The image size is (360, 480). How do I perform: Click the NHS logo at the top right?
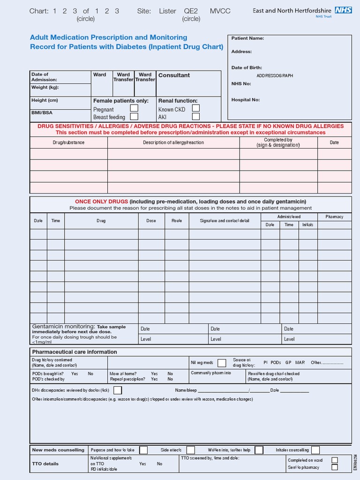(x=343, y=10)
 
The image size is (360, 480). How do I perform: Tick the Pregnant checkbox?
(x=134, y=108)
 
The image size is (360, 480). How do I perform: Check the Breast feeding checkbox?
(x=134, y=117)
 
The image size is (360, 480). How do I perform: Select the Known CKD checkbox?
(x=196, y=108)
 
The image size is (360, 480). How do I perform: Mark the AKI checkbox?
(x=196, y=117)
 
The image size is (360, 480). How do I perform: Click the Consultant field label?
(x=174, y=75)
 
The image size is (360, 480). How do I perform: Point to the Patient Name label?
(x=247, y=38)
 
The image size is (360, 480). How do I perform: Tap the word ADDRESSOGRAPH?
(x=275, y=75)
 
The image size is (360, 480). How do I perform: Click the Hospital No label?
(x=245, y=100)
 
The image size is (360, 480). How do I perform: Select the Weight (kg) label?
(x=45, y=87)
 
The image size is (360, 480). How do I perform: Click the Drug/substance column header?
(x=68, y=142)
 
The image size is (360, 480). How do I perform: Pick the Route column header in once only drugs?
(x=177, y=220)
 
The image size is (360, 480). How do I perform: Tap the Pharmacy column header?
(x=334, y=217)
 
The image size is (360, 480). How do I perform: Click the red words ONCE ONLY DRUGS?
(x=101, y=202)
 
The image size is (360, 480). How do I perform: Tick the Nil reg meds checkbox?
(x=222, y=363)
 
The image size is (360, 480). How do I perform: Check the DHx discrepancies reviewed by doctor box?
(x=118, y=390)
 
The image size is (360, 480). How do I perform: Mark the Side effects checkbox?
(x=190, y=450)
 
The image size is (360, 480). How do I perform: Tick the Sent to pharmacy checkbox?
(x=334, y=467)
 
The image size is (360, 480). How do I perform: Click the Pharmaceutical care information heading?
(x=74, y=352)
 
